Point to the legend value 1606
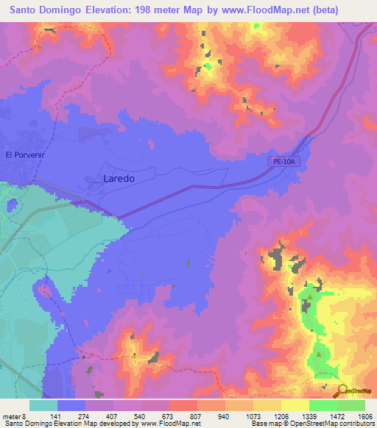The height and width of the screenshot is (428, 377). tap(365, 416)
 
